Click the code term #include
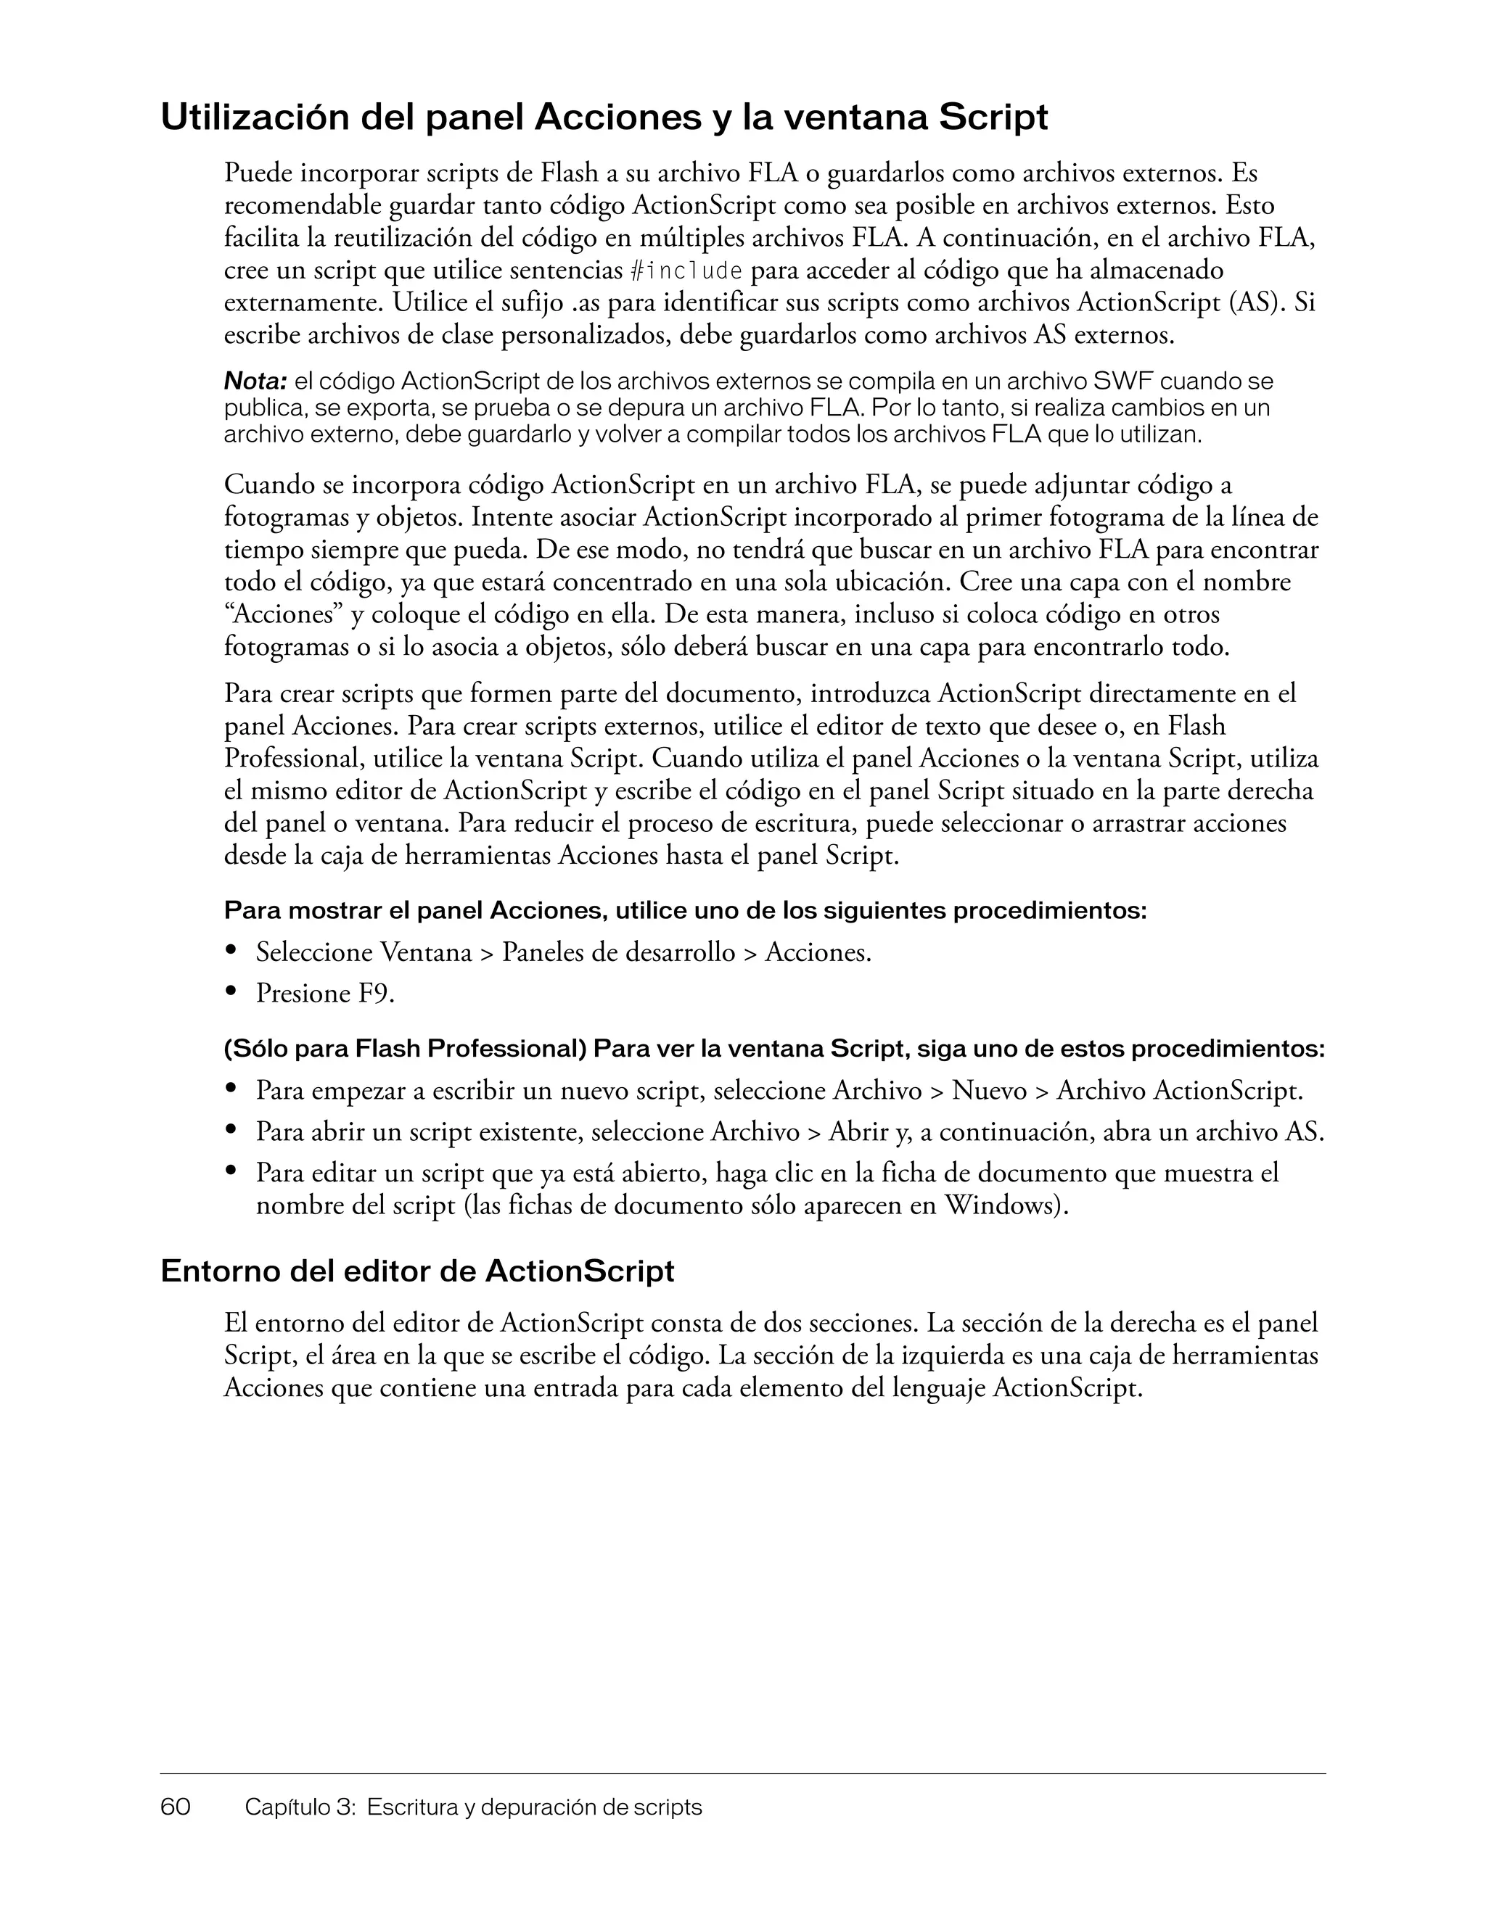(686, 271)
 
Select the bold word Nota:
(256, 381)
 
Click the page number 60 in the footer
(176, 1807)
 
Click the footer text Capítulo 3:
(300, 1807)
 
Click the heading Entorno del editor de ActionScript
(417, 1271)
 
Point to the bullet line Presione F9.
(325, 993)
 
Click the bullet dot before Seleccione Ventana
(231, 949)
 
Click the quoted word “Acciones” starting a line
(283, 615)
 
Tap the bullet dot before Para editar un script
(231, 1169)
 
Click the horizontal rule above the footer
(742, 1773)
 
